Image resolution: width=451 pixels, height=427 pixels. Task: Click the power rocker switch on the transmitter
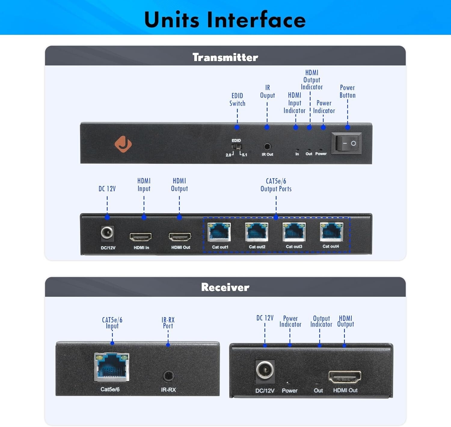346,143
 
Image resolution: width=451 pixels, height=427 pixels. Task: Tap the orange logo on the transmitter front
123,144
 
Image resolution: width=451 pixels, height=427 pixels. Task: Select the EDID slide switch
237,147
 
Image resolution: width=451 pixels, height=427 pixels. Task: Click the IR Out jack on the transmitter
267,147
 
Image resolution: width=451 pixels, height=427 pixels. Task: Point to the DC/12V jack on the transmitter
107,233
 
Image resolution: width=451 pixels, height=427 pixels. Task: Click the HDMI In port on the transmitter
140,237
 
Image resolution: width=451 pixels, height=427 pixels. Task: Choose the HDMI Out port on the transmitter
180,237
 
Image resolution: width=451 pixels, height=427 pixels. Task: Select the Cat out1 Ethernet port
219,232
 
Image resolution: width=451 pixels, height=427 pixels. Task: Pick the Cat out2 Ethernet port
256,232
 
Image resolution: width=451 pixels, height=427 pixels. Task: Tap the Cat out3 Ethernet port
294,232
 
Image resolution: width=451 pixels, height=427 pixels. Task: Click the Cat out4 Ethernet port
331,232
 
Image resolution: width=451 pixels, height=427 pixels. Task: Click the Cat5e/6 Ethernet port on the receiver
112,367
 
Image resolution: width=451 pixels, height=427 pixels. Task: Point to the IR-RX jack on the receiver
168,376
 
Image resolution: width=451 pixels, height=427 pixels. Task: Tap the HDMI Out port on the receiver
345,377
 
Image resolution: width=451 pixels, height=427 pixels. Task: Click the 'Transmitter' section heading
225,57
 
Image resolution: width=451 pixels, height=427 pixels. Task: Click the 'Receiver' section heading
225,287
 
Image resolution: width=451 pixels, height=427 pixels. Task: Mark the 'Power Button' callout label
348,91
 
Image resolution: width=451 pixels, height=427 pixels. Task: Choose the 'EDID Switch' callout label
237,99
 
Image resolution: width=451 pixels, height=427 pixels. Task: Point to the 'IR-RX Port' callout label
168,323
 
